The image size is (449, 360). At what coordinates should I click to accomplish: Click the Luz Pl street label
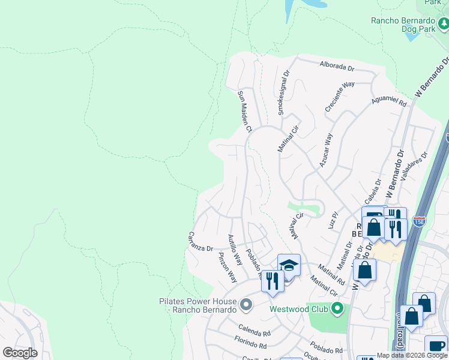pos(333,220)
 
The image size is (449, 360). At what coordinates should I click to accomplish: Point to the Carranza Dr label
pos(201,242)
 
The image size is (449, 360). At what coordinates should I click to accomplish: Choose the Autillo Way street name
pos(235,251)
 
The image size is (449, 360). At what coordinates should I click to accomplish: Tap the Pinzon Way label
pos(228,268)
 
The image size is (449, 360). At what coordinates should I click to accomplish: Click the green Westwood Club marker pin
pos(337,308)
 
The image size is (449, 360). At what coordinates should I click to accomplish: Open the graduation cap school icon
pos(289,265)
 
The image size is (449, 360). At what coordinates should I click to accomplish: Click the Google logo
pos(20,353)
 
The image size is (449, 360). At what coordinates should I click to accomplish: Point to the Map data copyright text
pos(412,355)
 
